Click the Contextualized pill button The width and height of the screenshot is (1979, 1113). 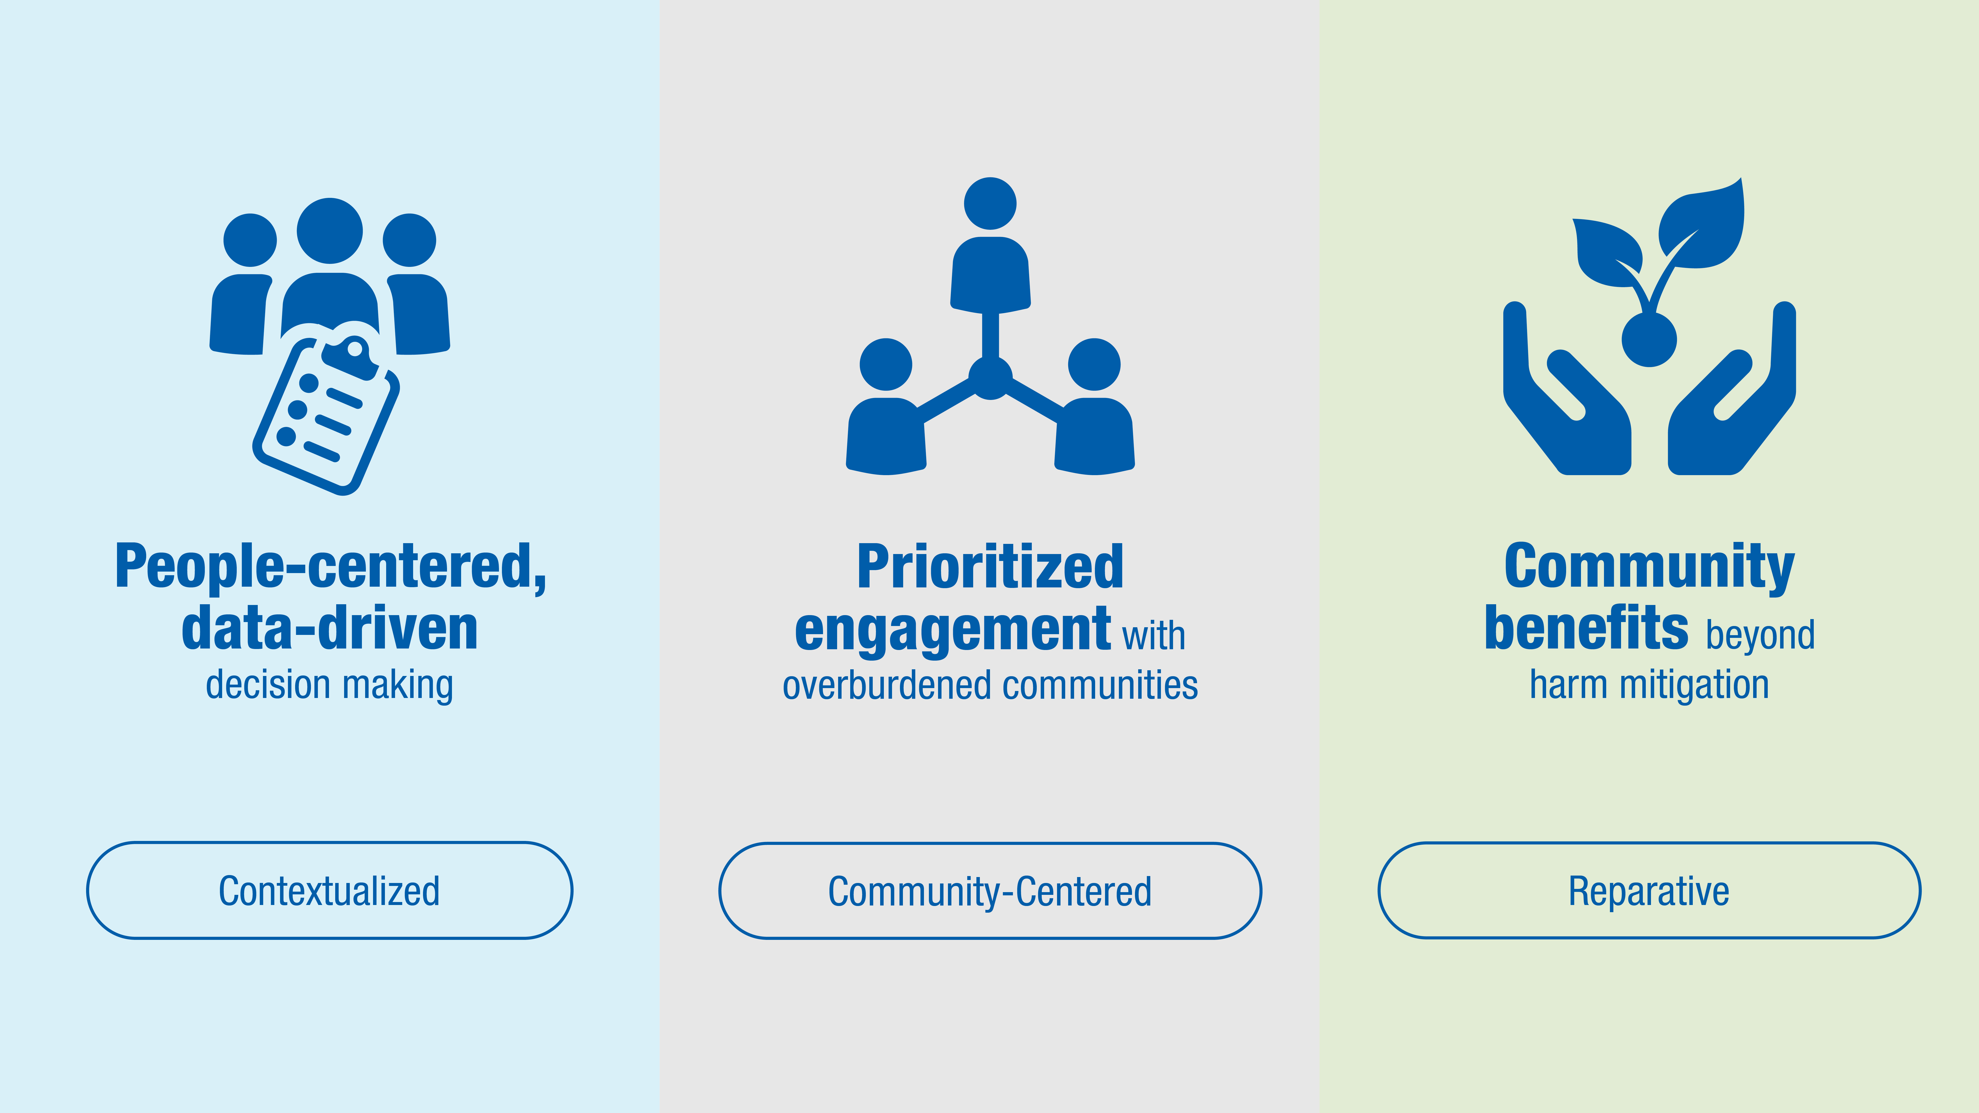tap(330, 890)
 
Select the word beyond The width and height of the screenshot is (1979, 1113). tap(1760, 636)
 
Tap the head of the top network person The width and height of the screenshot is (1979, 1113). tap(990, 204)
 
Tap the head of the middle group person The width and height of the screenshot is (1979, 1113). tap(330, 231)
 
